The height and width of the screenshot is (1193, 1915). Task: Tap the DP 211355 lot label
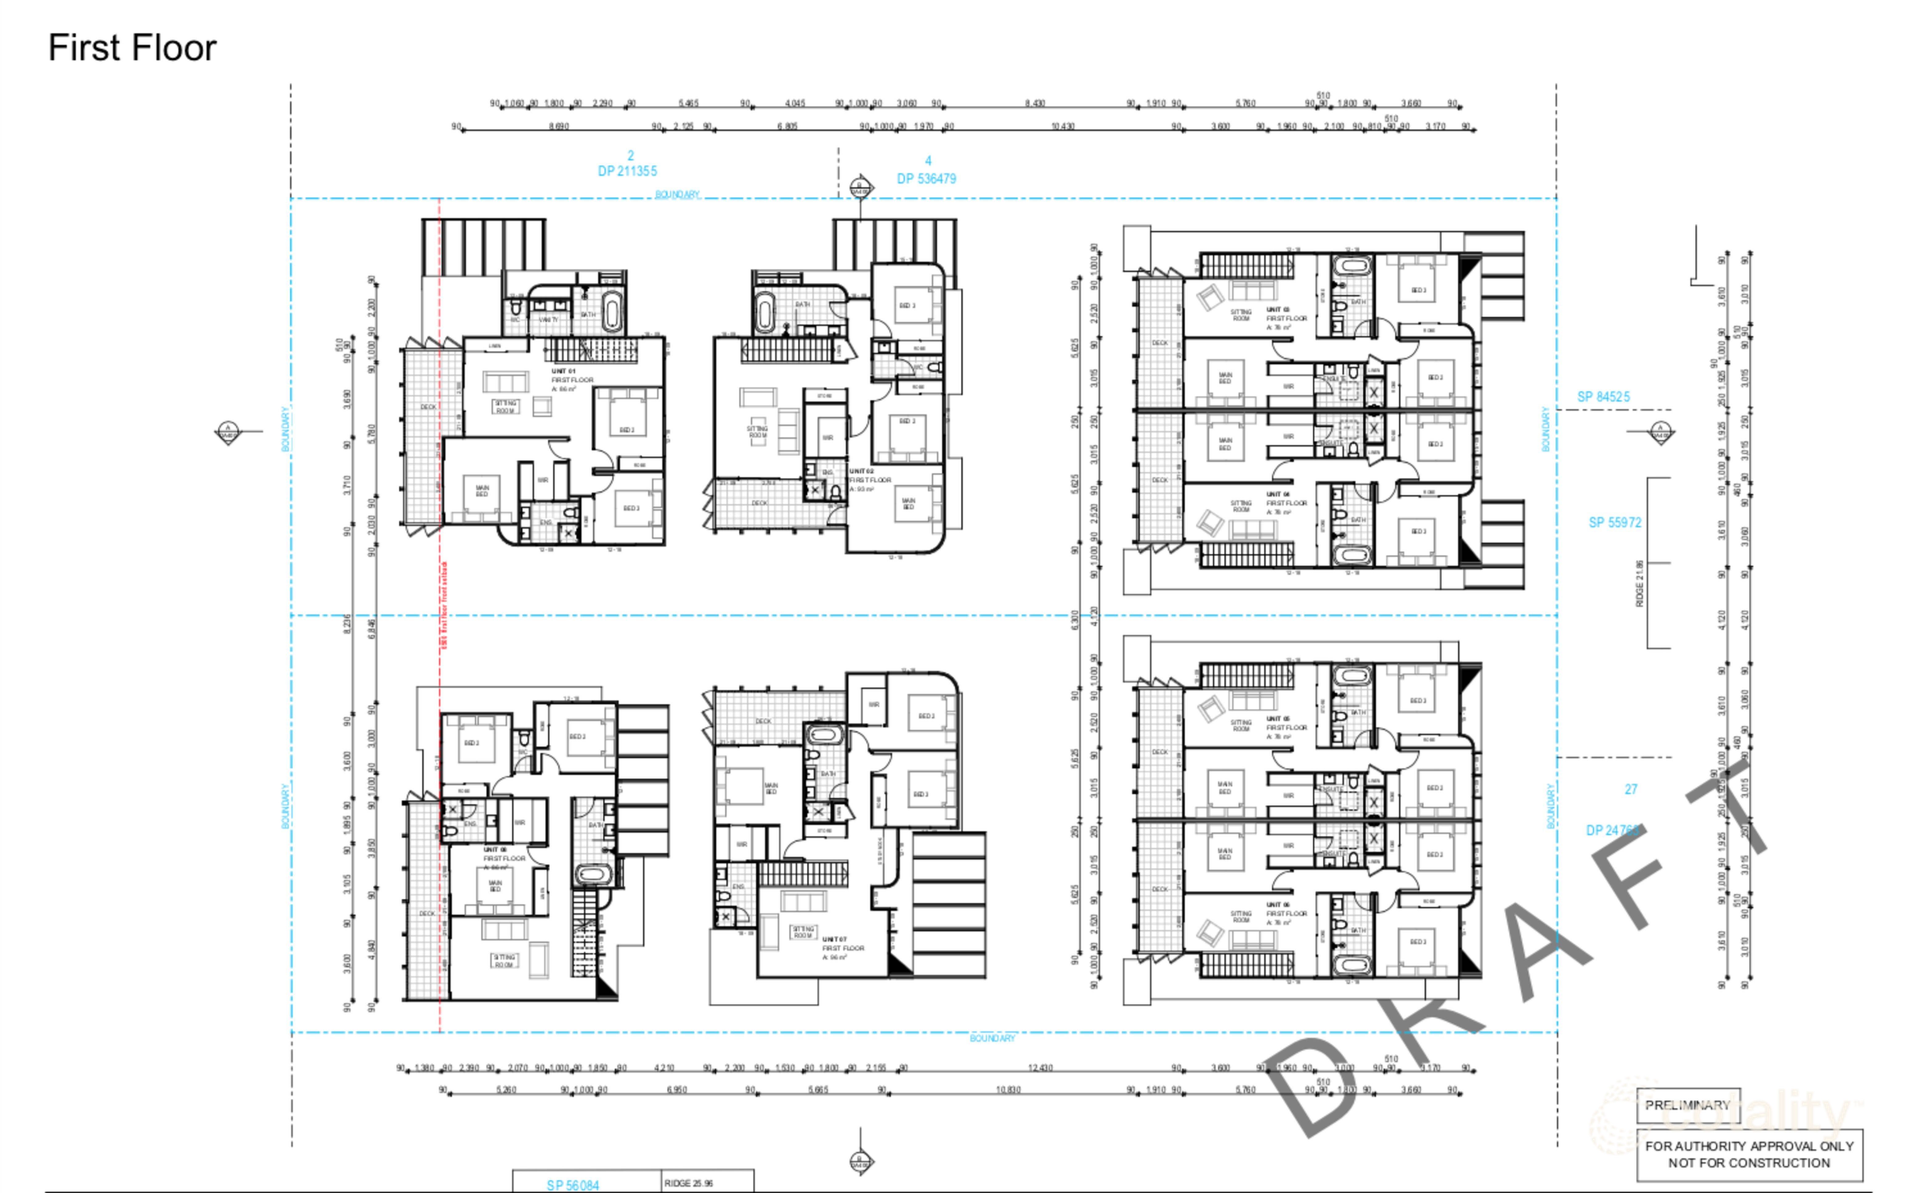click(627, 171)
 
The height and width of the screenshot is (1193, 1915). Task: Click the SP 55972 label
click(1614, 522)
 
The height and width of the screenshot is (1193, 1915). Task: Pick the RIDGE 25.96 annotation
click(688, 1183)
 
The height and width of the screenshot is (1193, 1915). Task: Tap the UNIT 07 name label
click(834, 939)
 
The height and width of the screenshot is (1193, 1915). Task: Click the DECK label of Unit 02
click(759, 503)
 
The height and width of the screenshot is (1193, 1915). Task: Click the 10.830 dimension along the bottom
click(1008, 1090)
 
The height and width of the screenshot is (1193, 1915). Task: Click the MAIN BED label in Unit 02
click(909, 503)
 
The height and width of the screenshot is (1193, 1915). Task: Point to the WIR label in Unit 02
click(827, 437)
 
